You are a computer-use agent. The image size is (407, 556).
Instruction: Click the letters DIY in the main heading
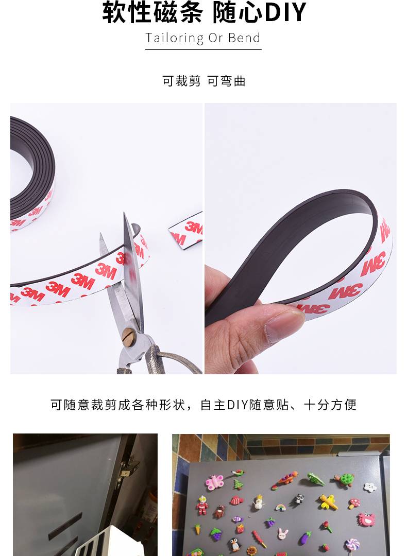tap(285, 12)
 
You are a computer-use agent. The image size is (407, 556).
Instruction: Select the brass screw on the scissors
tap(128, 335)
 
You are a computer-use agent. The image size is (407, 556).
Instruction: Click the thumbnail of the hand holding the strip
tap(300, 238)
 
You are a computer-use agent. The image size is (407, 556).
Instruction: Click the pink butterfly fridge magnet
tap(215, 482)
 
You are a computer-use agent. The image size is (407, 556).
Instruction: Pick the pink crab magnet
tap(367, 519)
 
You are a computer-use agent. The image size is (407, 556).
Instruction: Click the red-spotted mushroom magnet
tap(354, 503)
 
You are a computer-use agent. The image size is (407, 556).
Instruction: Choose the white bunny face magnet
tap(283, 534)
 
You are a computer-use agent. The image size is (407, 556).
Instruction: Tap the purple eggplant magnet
tap(305, 538)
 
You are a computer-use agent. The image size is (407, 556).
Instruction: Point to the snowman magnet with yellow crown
tap(259, 502)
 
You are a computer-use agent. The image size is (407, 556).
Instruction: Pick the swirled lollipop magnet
tap(352, 546)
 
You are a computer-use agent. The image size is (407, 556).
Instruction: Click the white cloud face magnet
tap(370, 487)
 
